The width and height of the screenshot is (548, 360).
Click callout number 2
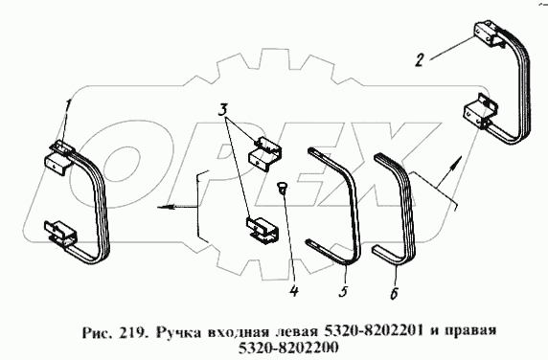(420, 60)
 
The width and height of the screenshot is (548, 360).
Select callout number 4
(294, 290)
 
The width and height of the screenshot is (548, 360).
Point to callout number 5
(344, 291)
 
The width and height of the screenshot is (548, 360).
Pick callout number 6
(394, 293)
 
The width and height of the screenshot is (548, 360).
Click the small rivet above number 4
(282, 188)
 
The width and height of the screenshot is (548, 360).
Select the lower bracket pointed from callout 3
(263, 229)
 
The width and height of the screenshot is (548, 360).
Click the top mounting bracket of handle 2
(488, 34)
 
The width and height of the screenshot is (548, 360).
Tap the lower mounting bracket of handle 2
(479, 112)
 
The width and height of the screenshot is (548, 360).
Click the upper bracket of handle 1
(59, 157)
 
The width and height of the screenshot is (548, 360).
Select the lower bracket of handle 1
(60, 234)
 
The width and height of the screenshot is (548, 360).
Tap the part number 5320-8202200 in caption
(288, 348)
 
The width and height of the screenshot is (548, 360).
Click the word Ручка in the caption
(178, 330)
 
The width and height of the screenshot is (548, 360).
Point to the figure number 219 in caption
(132, 330)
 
